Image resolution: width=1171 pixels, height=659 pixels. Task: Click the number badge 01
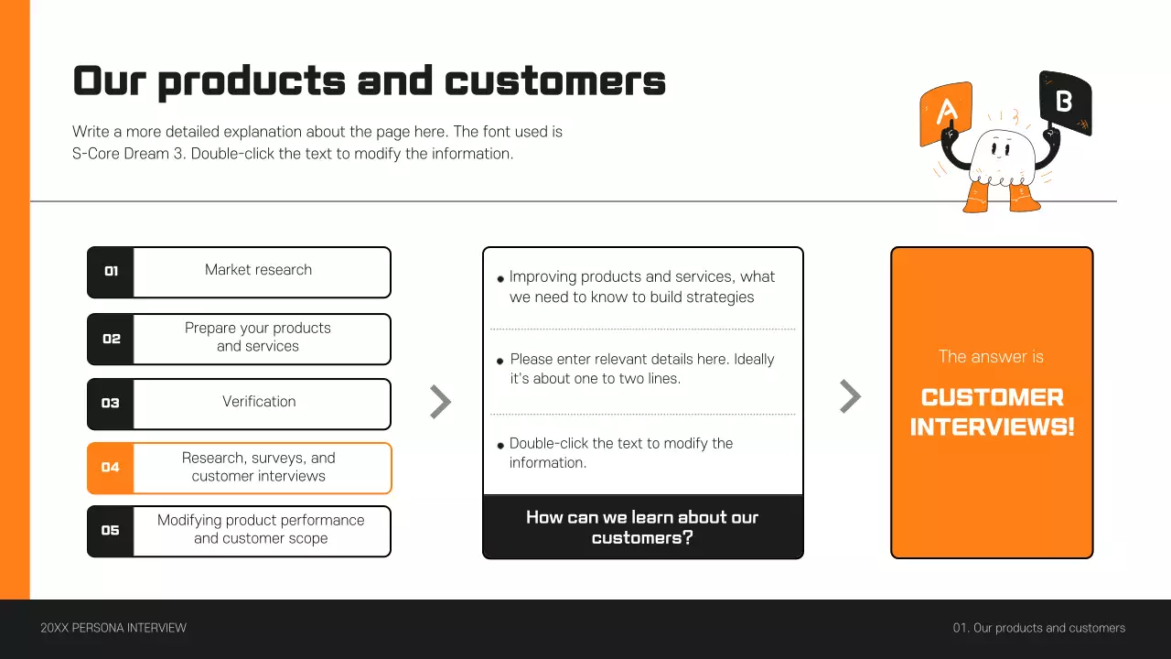111,272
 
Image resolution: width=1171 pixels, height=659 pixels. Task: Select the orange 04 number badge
111,468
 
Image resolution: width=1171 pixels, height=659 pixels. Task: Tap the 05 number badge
111,531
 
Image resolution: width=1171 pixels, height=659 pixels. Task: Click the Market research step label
258,270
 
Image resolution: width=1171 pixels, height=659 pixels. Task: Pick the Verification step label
259,402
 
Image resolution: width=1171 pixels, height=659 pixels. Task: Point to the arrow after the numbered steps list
441,402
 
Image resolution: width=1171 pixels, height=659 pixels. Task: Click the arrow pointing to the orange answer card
850,396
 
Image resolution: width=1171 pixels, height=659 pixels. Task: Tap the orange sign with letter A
946,113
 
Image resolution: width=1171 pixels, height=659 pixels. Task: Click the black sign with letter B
1065,102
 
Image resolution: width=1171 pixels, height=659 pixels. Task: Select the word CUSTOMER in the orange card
992,398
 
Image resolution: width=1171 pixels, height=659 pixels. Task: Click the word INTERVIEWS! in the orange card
992,427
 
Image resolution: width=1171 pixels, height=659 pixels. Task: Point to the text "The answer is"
991,357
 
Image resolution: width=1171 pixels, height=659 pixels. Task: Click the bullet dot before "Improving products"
500,279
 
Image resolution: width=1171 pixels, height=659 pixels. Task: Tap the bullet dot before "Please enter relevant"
500,362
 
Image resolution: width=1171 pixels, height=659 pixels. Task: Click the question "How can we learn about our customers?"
642,527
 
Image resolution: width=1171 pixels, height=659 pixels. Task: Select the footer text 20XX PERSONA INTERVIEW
113,628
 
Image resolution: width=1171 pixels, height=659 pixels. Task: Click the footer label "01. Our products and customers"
1039,628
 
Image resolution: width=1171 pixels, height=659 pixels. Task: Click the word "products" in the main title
251,81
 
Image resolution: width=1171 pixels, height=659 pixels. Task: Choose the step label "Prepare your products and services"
258,337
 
